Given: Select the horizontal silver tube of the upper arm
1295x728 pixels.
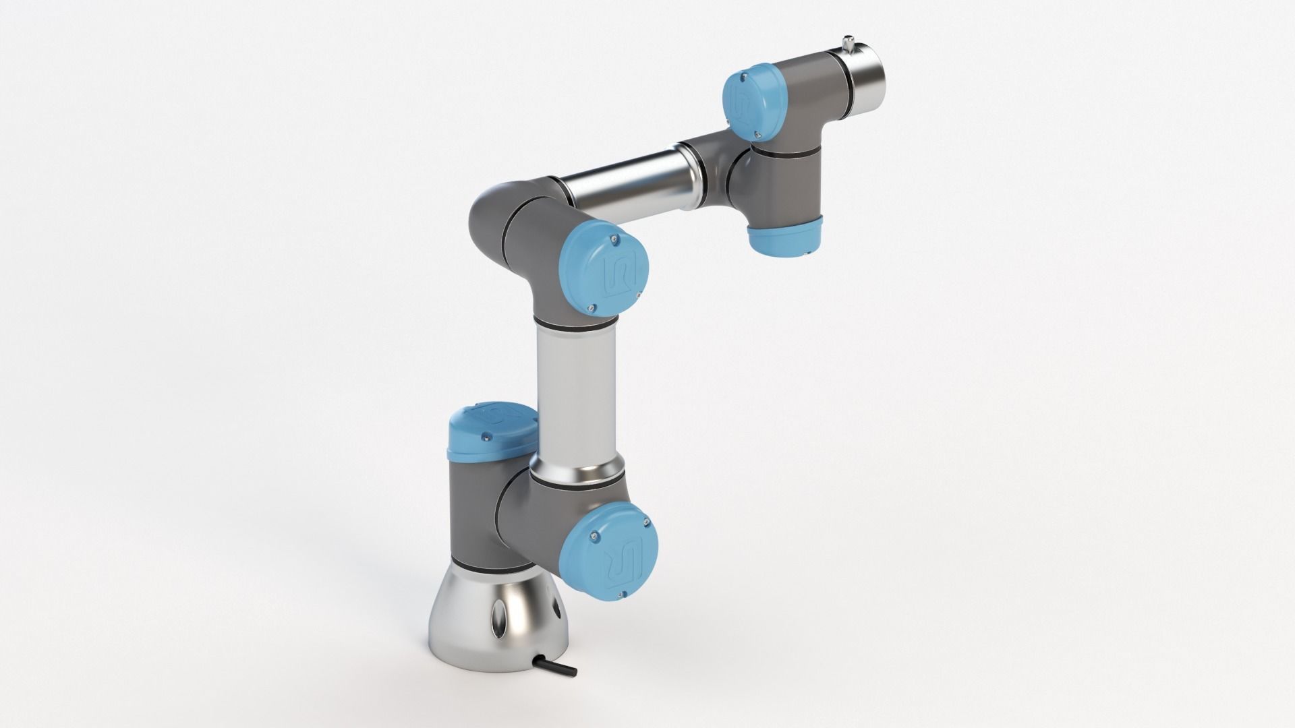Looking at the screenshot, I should (627, 186).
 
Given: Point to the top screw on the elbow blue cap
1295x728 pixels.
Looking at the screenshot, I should (612, 238).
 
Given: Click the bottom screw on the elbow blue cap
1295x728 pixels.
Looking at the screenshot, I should (591, 308).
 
